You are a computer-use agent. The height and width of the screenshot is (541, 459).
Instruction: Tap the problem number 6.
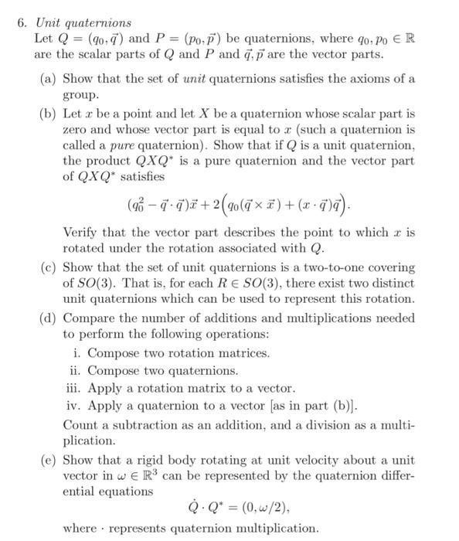(x=22, y=22)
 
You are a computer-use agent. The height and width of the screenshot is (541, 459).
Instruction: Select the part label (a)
(x=48, y=79)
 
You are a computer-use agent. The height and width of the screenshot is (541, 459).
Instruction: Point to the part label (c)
(x=48, y=267)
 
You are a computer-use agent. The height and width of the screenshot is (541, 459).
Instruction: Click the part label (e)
(x=48, y=458)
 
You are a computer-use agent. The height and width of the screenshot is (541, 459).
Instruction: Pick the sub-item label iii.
(x=73, y=389)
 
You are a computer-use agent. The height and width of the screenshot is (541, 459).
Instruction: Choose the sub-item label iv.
(x=73, y=407)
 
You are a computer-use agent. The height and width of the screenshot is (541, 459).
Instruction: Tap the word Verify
(x=81, y=233)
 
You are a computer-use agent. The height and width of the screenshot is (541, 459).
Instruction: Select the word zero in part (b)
(x=75, y=130)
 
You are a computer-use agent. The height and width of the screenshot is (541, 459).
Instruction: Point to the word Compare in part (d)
(x=85, y=318)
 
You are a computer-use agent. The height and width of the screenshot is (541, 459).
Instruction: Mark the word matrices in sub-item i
(x=246, y=353)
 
